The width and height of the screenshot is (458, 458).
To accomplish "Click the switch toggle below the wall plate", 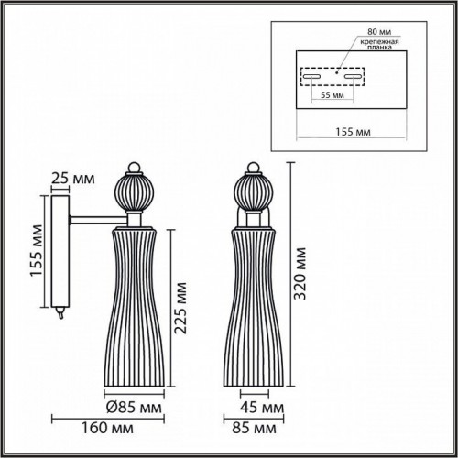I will click(60, 311).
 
